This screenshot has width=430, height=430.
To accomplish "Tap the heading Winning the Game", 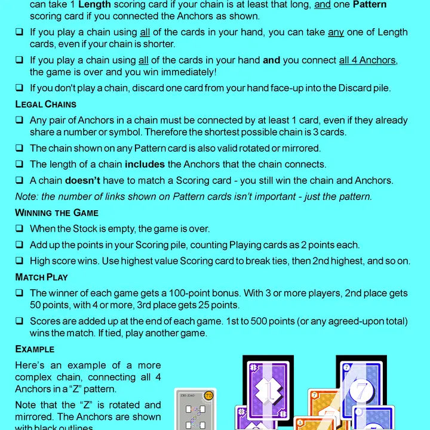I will point(57,213).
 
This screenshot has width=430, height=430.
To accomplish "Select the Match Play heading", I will point(41,277).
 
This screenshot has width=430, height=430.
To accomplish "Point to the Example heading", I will point(35,349).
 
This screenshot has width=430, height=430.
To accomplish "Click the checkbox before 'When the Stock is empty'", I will point(20,229).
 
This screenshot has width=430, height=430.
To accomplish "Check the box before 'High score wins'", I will point(20,261).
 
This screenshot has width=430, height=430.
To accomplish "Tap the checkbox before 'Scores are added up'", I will point(20,321).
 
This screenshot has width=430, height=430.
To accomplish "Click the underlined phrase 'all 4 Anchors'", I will point(367,60).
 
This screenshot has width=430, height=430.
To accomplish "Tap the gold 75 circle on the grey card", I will point(208,395).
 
